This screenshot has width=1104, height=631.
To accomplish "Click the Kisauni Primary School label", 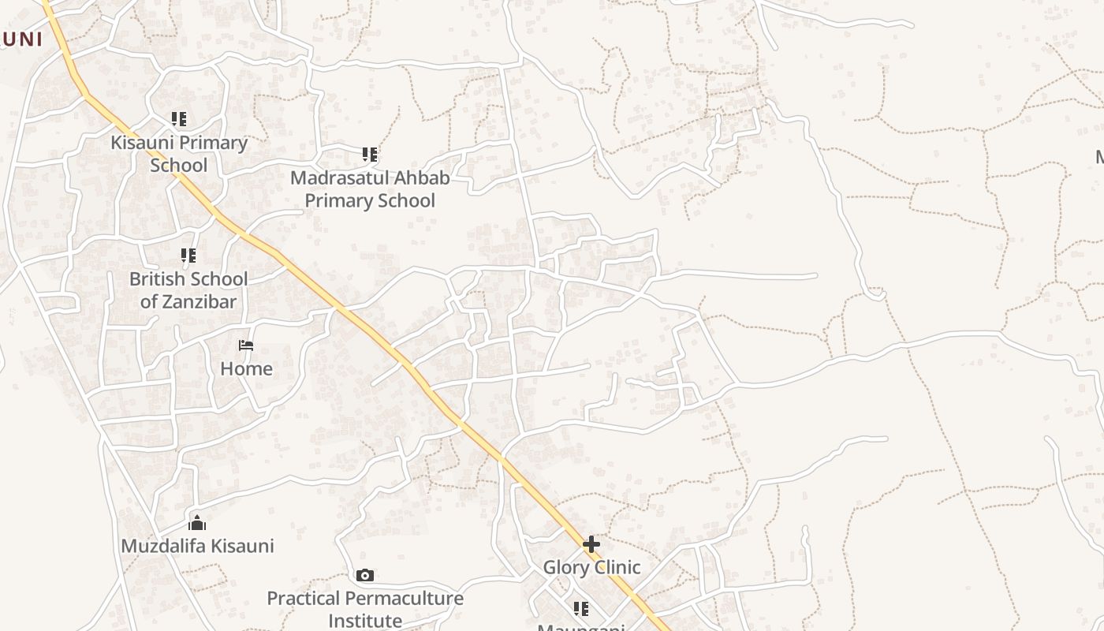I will point(179,154).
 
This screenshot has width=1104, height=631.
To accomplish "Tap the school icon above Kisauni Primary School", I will point(179,119).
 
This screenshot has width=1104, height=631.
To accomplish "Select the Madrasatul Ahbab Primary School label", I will point(370,189).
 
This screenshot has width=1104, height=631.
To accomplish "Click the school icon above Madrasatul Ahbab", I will point(370,155).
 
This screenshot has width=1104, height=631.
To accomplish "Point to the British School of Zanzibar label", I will point(188,290).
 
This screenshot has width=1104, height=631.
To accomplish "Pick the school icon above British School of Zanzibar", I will point(188,256).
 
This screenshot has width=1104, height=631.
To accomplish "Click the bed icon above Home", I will point(246,345).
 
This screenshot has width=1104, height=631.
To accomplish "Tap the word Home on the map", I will point(246,368).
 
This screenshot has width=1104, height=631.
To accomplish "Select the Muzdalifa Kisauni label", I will point(197,546).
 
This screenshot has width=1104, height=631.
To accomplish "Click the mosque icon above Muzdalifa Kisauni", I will point(197,522).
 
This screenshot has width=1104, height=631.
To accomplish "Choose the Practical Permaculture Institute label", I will point(365,609).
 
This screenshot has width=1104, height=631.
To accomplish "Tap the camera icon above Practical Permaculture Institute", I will point(364,575).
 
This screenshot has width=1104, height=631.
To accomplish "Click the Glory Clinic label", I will point(591,567).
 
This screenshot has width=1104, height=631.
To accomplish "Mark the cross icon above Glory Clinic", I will point(591,544).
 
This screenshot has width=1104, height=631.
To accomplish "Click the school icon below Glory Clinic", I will point(581,609).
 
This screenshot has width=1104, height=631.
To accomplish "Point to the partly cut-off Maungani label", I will point(581,627).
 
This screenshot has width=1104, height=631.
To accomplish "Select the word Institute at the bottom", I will point(365,621).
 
